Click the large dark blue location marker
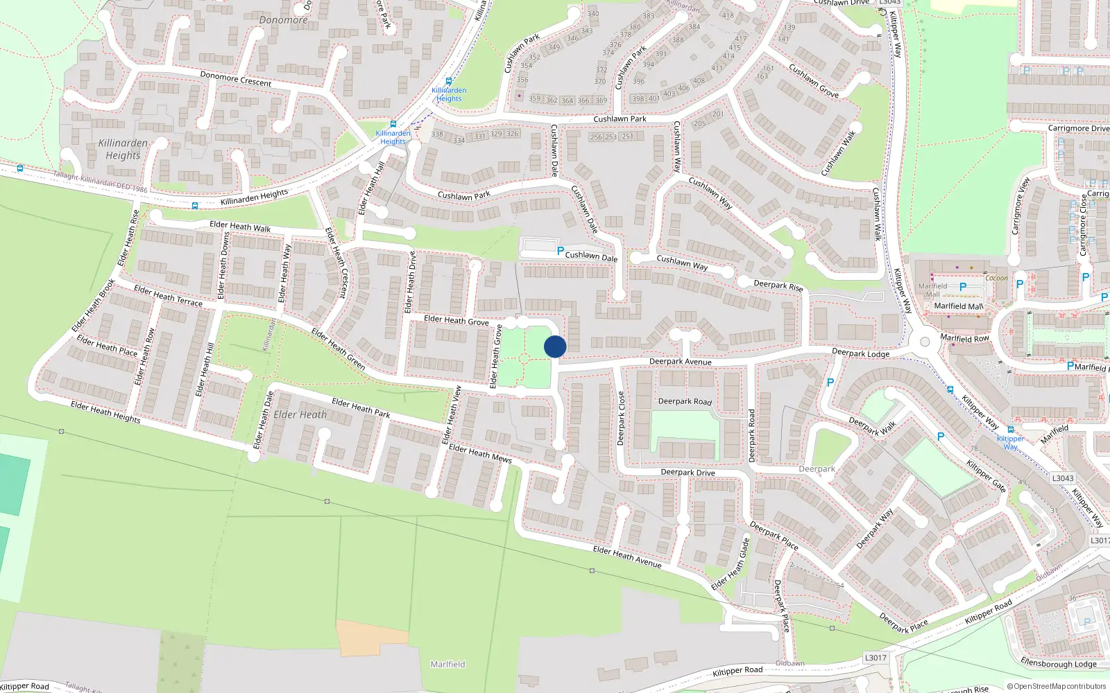[555, 346]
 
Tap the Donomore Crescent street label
[235, 79]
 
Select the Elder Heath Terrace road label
[168, 296]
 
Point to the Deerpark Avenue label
[680, 362]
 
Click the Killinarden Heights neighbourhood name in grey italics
[123, 149]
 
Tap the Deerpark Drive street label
[688, 473]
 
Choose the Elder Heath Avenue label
[627, 557]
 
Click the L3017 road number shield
[876, 658]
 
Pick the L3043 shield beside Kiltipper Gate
[1062, 478]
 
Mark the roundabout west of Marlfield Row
[924, 342]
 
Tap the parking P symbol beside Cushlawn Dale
[561, 251]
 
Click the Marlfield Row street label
[964, 338]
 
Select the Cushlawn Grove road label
[814, 81]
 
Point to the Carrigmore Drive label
[1078, 128]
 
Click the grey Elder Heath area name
[300, 415]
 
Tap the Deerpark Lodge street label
[860, 353]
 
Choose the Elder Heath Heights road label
[105, 412]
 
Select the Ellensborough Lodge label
[1058, 663]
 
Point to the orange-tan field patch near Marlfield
[362, 638]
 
